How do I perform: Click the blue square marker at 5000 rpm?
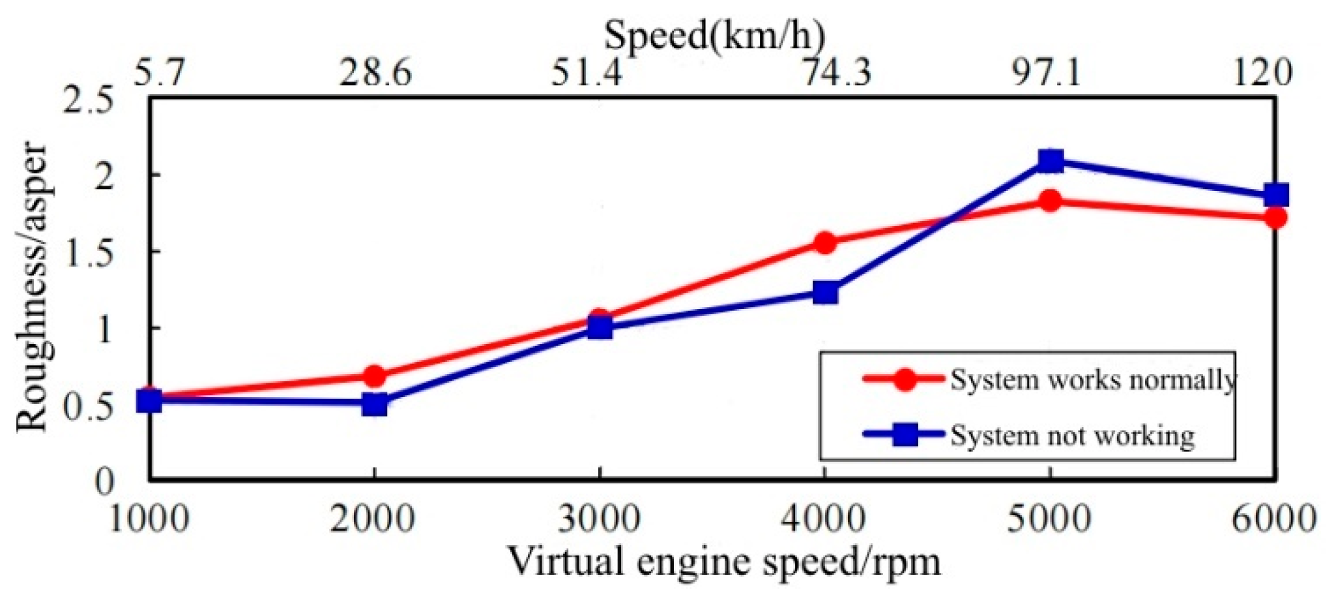[1051, 161]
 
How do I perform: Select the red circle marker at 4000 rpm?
[825, 243]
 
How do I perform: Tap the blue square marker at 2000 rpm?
[375, 404]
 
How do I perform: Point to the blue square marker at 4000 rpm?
[825, 293]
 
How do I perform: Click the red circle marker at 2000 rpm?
[375, 376]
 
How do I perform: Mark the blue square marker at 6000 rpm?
[1275, 195]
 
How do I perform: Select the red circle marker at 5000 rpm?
[1051, 201]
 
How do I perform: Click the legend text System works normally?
[1092, 379]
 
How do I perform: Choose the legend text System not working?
[1072, 435]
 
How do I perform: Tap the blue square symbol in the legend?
[905, 434]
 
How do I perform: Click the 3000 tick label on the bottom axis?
[600, 519]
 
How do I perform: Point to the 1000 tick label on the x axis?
[149, 519]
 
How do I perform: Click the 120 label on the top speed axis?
[1262, 72]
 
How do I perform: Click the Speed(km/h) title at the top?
[714, 35]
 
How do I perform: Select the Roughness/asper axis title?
[33, 287]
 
